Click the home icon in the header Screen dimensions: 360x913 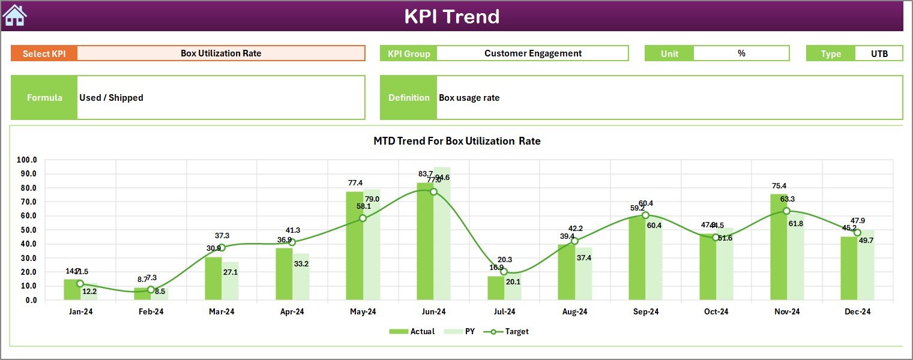click(x=14, y=16)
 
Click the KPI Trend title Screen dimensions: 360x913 click(x=451, y=16)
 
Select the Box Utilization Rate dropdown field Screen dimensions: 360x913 click(x=221, y=53)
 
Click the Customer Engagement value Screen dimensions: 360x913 click(x=532, y=53)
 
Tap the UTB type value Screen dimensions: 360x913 click(x=879, y=53)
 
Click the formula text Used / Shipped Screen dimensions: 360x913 click(x=111, y=98)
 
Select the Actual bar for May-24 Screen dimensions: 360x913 click(x=355, y=246)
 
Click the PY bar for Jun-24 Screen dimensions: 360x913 click(x=442, y=234)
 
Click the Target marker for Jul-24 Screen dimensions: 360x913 click(x=504, y=272)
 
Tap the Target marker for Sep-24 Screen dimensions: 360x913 click(x=645, y=215)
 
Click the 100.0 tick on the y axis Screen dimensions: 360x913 click(x=27, y=160)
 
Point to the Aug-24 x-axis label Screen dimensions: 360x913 click(x=574, y=311)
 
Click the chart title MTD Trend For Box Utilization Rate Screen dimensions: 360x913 click(x=457, y=142)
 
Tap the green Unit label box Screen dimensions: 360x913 click(x=669, y=53)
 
